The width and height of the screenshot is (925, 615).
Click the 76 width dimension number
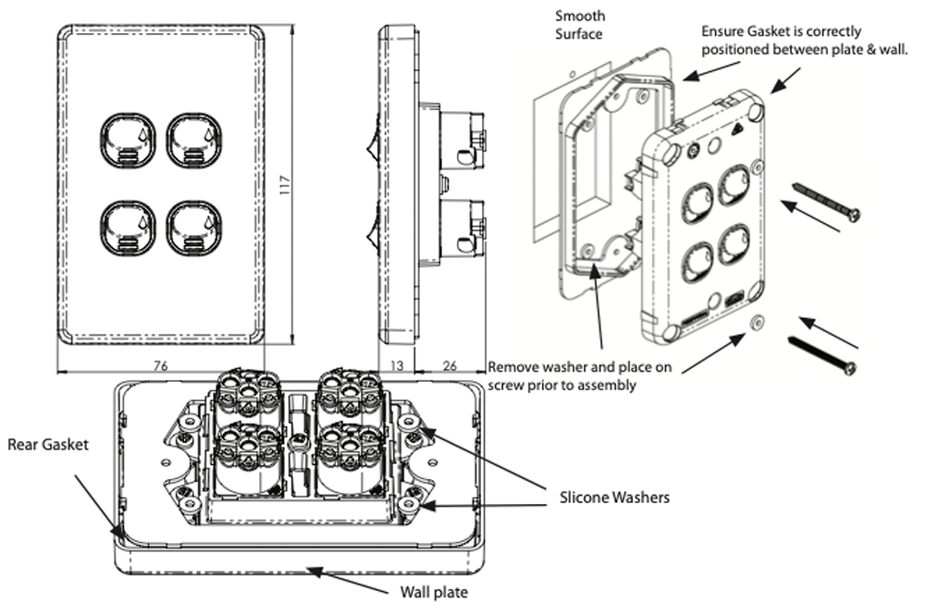click(159, 366)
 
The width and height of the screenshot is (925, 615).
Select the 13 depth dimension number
click(396, 366)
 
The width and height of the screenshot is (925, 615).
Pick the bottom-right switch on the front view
click(192, 228)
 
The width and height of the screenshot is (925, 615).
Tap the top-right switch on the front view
click(192, 141)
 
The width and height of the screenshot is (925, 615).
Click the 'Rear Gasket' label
click(48, 444)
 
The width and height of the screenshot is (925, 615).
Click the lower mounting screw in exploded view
click(820, 355)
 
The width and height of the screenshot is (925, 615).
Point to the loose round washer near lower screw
click(758, 322)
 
